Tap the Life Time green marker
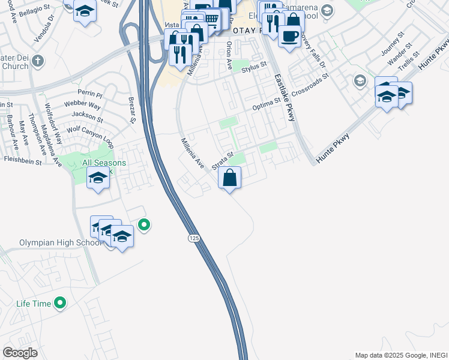pos(59,304)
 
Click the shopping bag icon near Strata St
pos(229,178)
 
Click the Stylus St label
pos(253,70)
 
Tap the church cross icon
pos(37,61)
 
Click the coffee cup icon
pos(289,35)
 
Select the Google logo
pos(20,352)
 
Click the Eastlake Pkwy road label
pos(285,98)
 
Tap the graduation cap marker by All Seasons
pos(98,178)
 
